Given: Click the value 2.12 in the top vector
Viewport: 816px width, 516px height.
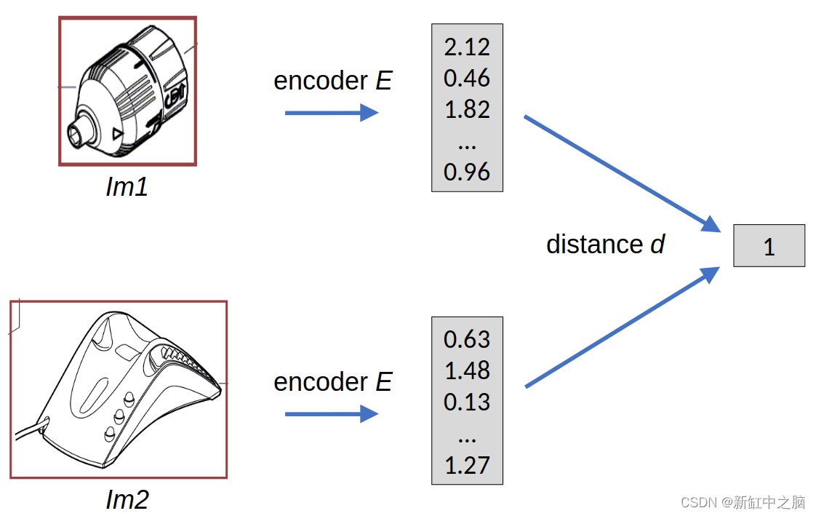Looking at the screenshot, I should (x=467, y=47).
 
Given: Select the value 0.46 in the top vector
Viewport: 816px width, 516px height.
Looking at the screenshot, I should (x=467, y=79).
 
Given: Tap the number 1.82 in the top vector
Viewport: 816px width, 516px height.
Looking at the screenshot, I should (x=467, y=110).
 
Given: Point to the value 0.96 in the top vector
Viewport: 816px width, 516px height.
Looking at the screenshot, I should (x=467, y=172).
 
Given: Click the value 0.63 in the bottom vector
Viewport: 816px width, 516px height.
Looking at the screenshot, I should (x=467, y=340).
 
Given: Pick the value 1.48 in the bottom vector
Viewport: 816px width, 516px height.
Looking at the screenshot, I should (x=467, y=371).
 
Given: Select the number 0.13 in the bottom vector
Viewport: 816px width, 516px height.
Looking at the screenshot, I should (x=467, y=402).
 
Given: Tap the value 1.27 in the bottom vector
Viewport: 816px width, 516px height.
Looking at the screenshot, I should (x=467, y=465).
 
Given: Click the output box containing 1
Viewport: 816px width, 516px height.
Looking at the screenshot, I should (x=769, y=246).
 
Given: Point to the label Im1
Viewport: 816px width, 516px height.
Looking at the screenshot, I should (x=127, y=188).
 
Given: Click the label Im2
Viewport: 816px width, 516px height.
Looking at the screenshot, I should (x=127, y=500).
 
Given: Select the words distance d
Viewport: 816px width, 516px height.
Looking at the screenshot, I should (x=605, y=245).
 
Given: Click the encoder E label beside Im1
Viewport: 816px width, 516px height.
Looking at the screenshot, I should (x=332, y=81).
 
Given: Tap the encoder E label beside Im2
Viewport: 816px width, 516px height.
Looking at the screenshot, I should (x=332, y=382).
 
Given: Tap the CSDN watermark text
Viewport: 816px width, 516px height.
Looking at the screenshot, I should (x=743, y=502).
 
